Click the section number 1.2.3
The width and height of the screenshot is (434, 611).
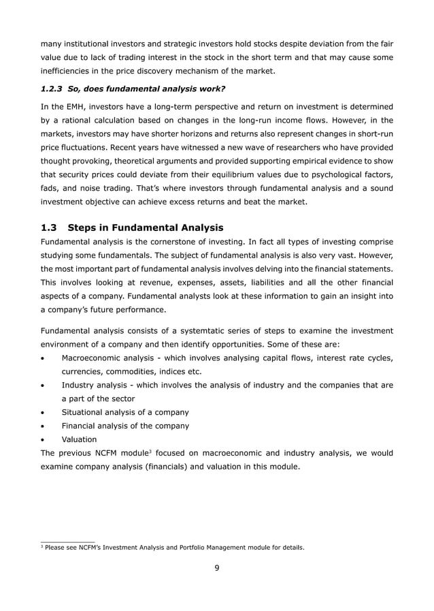54,89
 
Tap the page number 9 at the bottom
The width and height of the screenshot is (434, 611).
216,570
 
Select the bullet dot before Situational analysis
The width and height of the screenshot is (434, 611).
44,413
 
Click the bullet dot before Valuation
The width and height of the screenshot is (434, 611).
44,440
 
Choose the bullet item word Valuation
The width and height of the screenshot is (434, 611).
79,440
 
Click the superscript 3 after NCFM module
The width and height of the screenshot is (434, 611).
150,451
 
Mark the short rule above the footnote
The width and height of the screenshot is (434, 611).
67,542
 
